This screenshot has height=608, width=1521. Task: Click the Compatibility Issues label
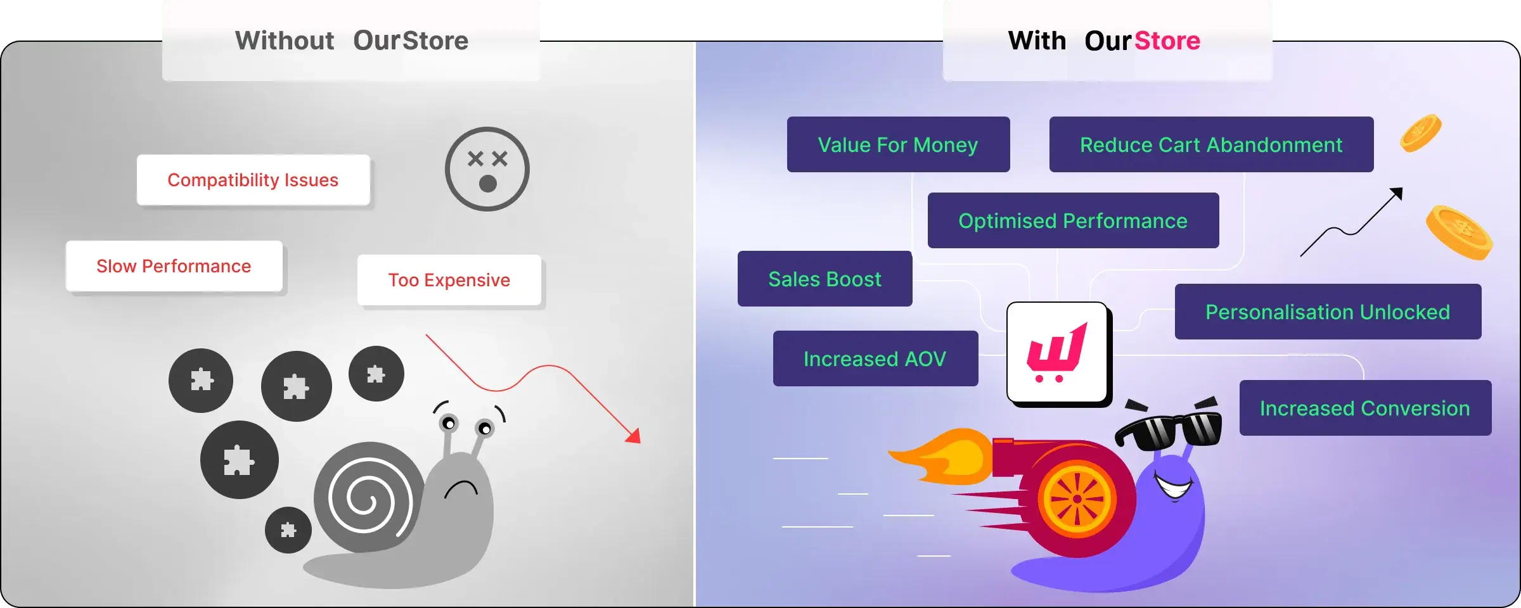coord(253,180)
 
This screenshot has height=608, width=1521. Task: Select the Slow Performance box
coord(174,266)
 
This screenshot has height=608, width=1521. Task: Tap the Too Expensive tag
coord(449,280)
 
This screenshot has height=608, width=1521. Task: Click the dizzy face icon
coord(487,169)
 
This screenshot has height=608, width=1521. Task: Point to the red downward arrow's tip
coord(639,442)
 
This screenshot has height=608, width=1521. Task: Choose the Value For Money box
coord(898,144)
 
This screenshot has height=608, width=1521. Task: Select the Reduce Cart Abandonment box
coord(1211,144)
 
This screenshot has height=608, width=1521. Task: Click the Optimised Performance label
coord(1073,220)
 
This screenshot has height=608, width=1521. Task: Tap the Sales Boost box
coord(825,279)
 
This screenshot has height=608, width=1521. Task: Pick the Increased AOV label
coord(875,358)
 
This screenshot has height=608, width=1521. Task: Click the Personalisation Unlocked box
coord(1328,312)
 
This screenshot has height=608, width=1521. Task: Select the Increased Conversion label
coord(1365,408)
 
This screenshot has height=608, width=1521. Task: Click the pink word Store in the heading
coord(1167,41)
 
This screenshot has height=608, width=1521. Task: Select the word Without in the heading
coord(285,41)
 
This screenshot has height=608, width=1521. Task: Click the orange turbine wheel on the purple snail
coord(1077,498)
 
